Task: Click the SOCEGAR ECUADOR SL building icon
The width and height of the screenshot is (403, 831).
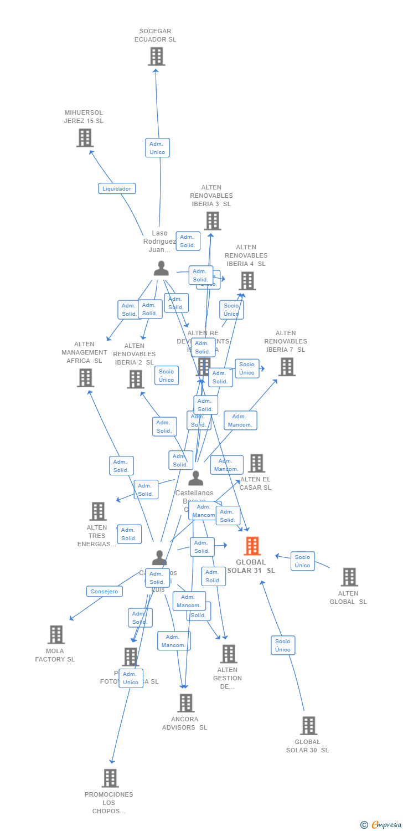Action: click(x=157, y=57)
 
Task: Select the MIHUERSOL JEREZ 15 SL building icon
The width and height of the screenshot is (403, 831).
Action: click(x=85, y=138)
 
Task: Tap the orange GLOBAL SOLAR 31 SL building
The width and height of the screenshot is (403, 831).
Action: click(x=252, y=546)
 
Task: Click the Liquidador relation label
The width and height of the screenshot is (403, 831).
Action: click(x=117, y=188)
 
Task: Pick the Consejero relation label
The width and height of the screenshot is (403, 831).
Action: click(x=105, y=591)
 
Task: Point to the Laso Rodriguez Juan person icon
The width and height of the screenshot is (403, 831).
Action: click(x=161, y=268)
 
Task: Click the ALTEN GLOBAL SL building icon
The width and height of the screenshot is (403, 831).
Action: click(x=349, y=577)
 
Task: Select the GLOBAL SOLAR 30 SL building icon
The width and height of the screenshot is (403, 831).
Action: click(x=308, y=726)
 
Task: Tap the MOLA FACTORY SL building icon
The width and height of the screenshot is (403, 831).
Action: click(x=56, y=635)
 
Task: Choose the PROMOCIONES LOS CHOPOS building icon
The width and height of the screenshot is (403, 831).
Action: click(x=110, y=778)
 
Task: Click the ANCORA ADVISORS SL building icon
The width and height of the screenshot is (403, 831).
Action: click(x=185, y=703)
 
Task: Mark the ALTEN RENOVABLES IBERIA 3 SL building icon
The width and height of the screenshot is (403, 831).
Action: click(x=212, y=221)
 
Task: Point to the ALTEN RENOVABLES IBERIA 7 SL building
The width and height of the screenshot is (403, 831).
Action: click(x=286, y=367)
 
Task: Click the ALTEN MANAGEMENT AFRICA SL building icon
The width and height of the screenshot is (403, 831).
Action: click(x=85, y=378)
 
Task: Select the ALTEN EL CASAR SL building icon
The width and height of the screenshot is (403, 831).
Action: click(x=256, y=463)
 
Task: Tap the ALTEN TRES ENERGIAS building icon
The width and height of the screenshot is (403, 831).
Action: click(x=98, y=511)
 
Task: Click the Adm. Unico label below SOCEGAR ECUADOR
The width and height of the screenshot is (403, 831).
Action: click(x=157, y=148)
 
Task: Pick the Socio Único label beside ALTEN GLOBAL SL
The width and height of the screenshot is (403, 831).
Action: click(x=302, y=561)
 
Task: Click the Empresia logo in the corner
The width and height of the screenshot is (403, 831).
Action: click(x=381, y=825)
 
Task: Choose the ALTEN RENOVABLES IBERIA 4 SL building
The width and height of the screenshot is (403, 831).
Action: click(x=247, y=281)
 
